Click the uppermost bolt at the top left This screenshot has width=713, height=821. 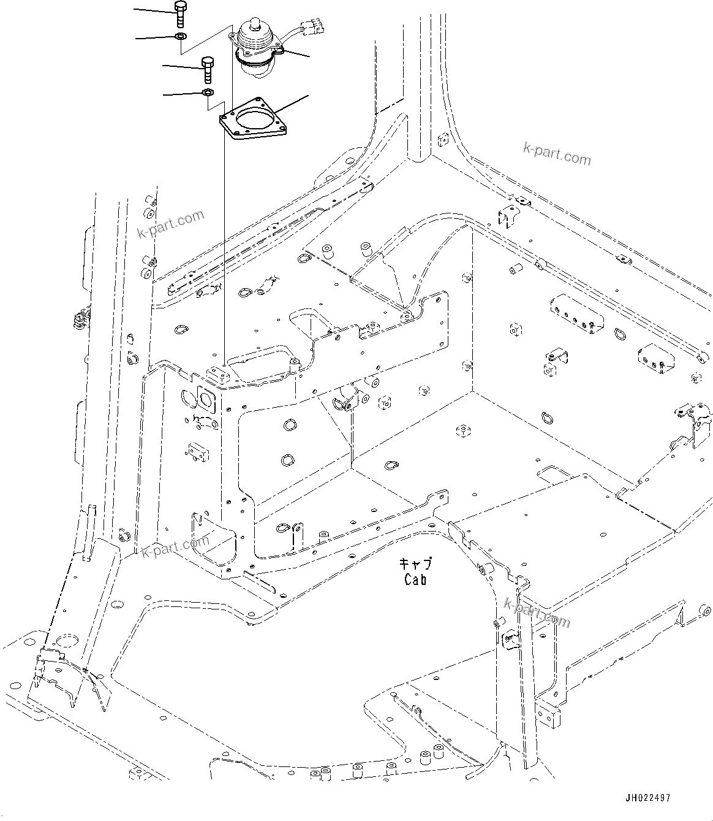(180, 13)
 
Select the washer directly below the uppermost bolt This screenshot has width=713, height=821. (181, 37)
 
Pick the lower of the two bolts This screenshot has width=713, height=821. (207, 69)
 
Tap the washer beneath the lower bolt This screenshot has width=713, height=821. (207, 93)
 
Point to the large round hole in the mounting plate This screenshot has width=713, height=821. (255, 120)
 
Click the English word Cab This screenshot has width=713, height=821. (415, 579)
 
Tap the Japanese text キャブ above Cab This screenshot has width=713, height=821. (415, 563)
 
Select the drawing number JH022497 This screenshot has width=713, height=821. (648, 798)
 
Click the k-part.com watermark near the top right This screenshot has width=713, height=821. (557, 153)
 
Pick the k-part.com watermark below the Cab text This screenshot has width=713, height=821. (537, 613)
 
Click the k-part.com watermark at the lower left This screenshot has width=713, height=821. (175, 546)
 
